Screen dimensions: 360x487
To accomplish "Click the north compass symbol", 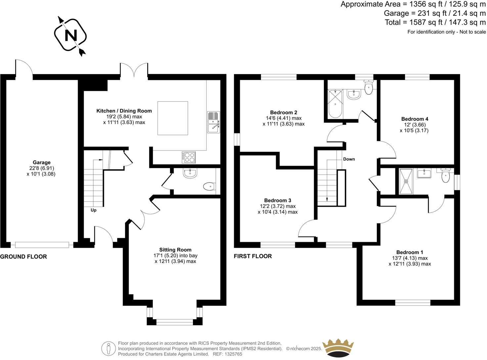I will (x=70, y=35).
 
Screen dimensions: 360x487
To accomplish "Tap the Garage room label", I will (x=41, y=162).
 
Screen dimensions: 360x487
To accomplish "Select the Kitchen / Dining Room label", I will (x=124, y=111).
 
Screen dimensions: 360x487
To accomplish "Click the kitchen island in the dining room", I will (x=173, y=118).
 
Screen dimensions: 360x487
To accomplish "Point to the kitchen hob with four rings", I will (x=188, y=157).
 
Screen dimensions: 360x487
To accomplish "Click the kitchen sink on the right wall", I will (x=213, y=122).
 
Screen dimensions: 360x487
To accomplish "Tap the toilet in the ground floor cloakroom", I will (x=208, y=187).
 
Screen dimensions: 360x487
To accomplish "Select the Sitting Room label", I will (x=175, y=250).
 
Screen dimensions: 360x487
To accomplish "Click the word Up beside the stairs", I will (x=94, y=210).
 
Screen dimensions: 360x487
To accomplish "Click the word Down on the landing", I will (x=349, y=159).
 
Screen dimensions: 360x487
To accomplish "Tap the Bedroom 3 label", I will (x=278, y=200).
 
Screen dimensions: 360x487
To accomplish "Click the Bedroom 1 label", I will (x=410, y=252).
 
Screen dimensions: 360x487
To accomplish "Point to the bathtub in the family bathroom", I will (x=335, y=103).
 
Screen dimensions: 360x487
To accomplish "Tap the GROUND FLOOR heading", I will (x=23, y=256).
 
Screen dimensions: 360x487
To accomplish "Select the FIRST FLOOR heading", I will (x=253, y=256).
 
